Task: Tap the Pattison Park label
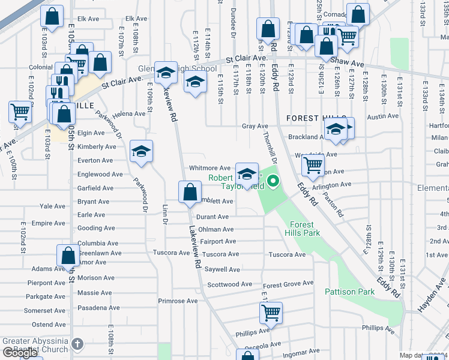349,292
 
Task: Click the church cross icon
77,344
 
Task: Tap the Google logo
20,353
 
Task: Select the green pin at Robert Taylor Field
273,180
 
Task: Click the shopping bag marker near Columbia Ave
68,255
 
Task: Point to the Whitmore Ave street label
209,169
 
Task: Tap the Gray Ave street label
255,127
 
